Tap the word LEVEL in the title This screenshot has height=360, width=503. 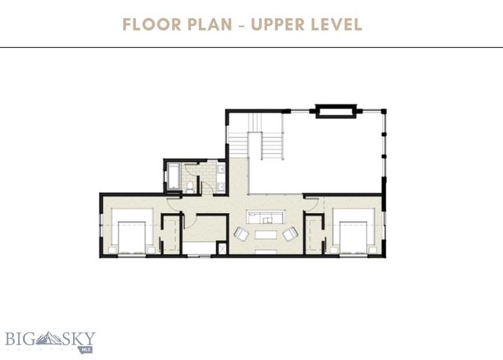point(336,24)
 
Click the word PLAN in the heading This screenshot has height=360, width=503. point(206,24)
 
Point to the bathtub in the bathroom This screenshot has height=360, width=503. point(171,177)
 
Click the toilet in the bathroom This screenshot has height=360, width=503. point(190,186)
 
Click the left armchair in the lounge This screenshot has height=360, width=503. point(242,233)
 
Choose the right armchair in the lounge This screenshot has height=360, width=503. point(290,233)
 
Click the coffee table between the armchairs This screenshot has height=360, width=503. point(266,234)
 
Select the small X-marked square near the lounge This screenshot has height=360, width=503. point(222,248)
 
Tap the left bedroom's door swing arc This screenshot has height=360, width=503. point(174,203)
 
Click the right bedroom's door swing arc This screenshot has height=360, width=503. point(311,203)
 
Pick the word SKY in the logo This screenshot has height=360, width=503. point(78,339)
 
